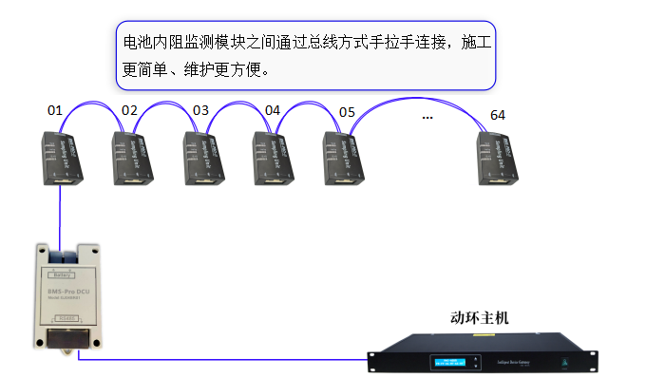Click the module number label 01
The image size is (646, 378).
tap(55, 111)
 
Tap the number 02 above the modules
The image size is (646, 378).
tap(130, 111)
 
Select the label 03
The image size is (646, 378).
tap(200, 111)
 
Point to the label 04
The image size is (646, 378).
tap(273, 111)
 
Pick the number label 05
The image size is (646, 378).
tap(347, 112)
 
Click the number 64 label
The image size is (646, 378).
tap(498, 115)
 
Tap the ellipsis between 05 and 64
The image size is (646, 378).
tap(427, 116)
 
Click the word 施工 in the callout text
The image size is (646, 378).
tap(474, 43)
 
